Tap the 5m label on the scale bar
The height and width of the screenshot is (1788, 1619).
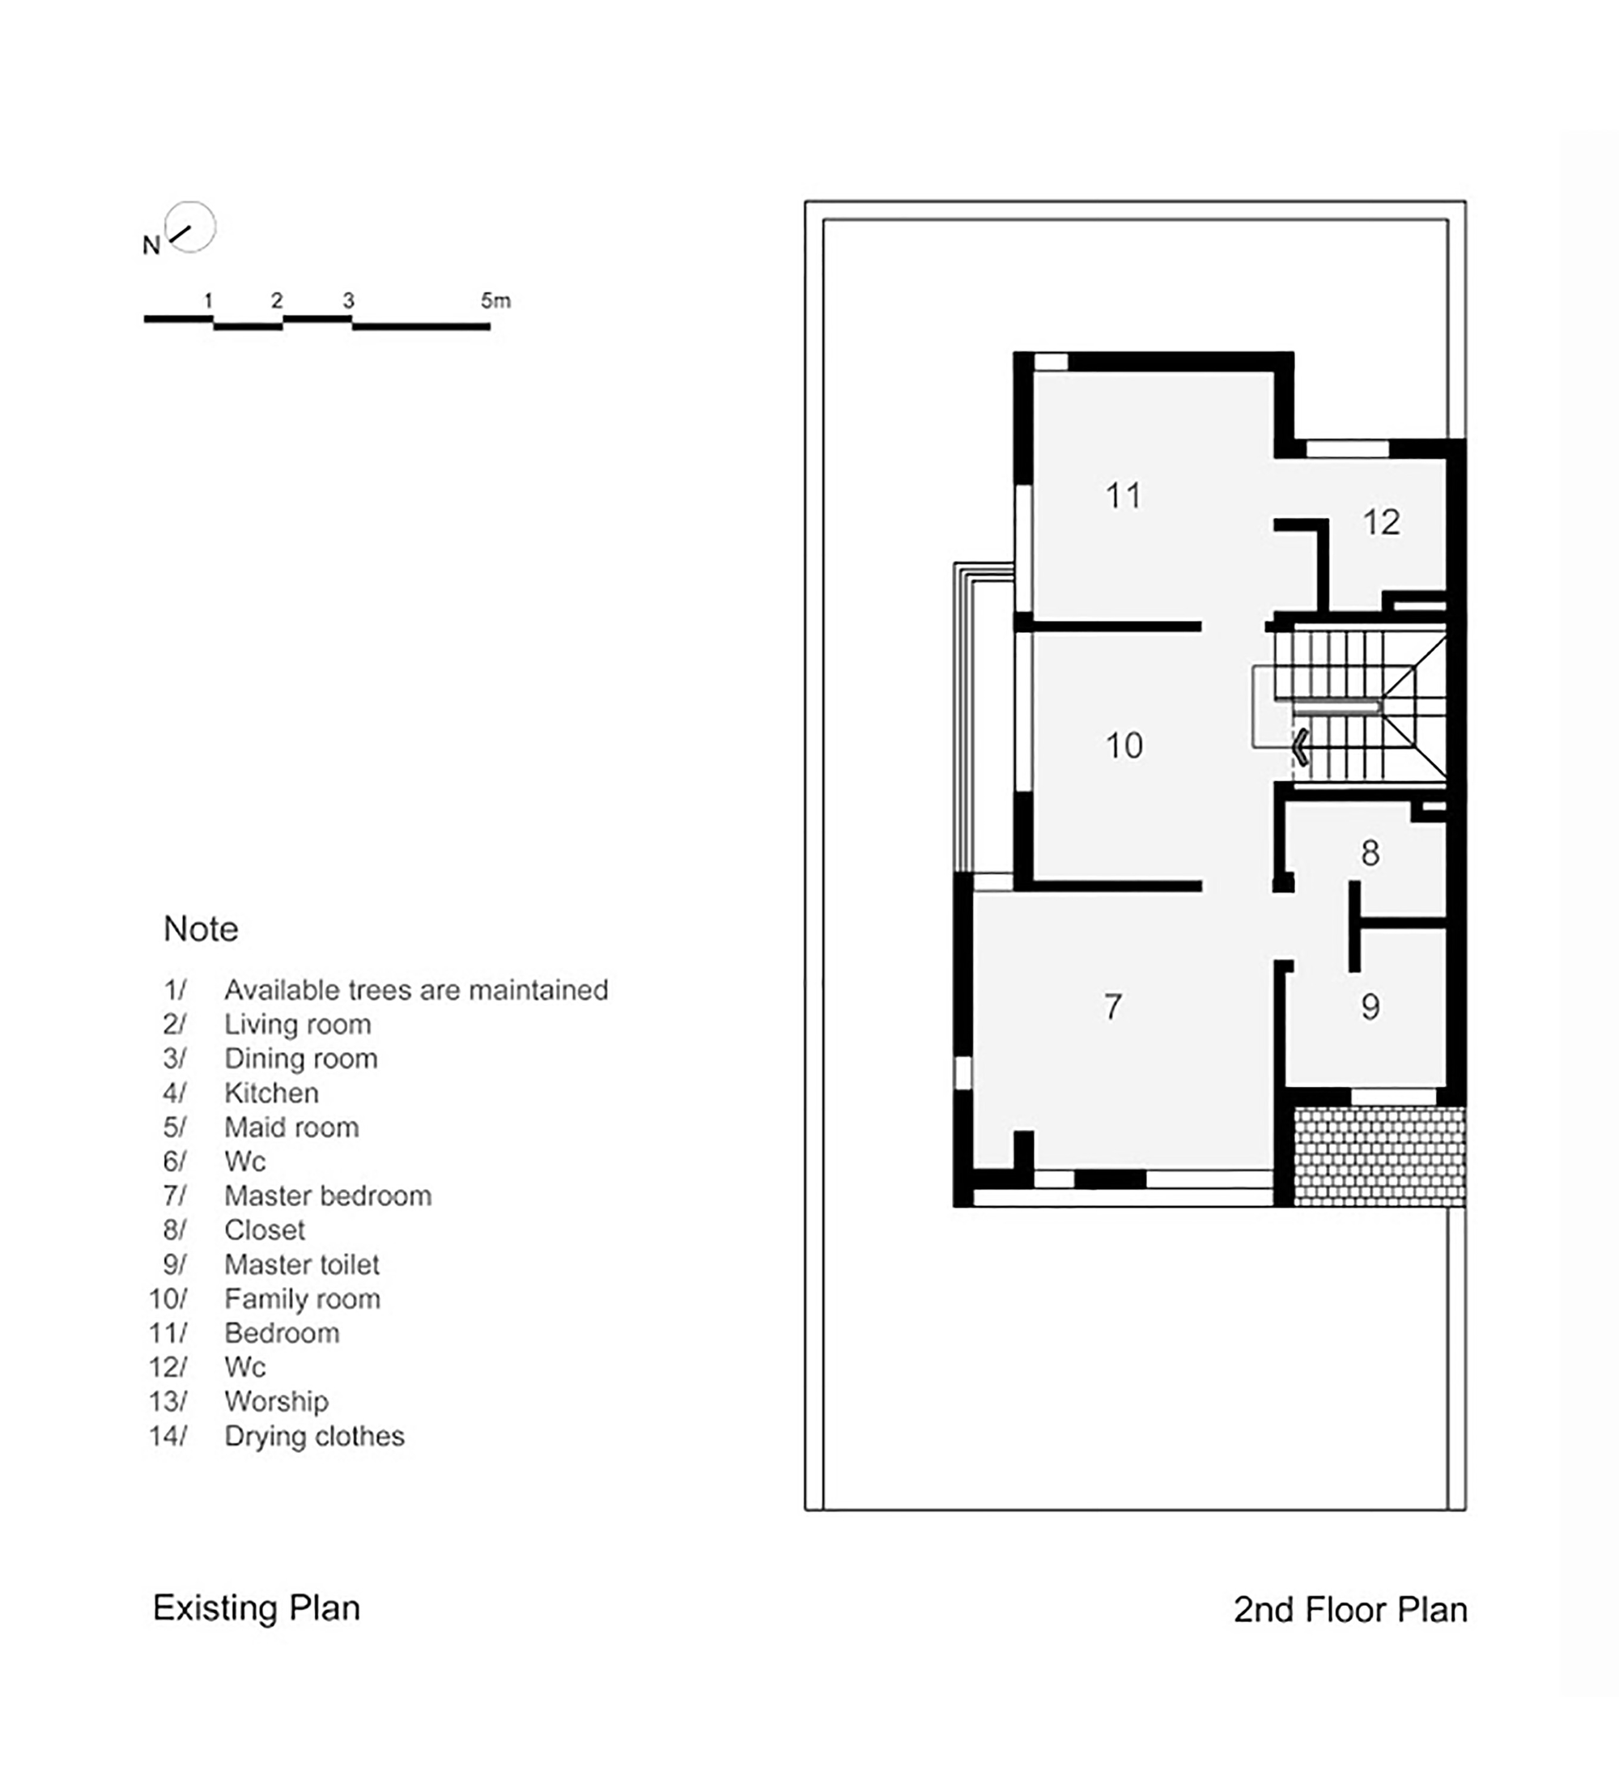click(x=496, y=300)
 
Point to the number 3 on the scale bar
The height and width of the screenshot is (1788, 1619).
click(x=349, y=300)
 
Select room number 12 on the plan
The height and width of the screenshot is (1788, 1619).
click(x=1381, y=521)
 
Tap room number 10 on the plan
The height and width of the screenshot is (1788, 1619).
click(x=1124, y=745)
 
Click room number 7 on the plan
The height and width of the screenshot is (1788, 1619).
click(x=1113, y=1007)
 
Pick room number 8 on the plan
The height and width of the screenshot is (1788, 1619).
click(x=1370, y=853)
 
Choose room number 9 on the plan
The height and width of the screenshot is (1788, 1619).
click(x=1370, y=1007)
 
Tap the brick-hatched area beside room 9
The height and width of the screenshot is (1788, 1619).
click(x=1379, y=1156)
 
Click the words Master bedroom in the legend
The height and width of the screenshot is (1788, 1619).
click(x=327, y=1196)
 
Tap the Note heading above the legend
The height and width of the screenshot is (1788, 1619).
click(x=202, y=928)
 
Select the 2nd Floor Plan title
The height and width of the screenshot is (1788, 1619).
click(x=1350, y=1610)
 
